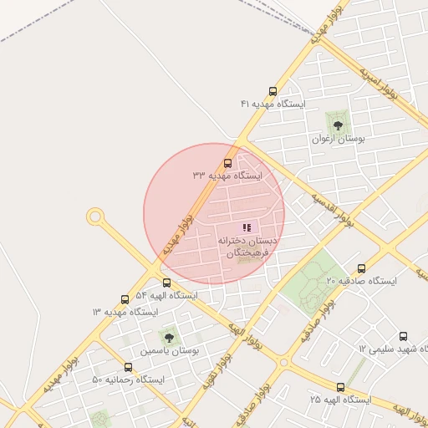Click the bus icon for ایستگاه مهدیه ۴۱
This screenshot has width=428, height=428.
click(273, 92)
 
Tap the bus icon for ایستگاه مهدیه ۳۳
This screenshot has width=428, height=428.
click(227, 164)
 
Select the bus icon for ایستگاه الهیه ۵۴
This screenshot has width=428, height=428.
click(167, 283)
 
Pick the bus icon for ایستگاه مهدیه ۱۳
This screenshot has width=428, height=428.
click(125, 299)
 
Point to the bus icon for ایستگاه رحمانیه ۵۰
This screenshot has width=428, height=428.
click(128, 367)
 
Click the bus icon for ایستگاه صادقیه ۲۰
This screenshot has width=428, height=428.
click(361, 269)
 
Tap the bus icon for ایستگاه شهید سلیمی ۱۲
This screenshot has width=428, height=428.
click(404, 336)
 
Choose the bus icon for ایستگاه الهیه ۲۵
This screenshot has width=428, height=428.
click(340, 387)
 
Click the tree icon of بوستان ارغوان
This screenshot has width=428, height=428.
click(339, 125)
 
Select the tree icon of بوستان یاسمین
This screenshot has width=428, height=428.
click(170, 339)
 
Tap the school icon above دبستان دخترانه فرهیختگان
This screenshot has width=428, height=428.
click(247, 227)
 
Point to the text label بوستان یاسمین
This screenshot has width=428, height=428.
click(170, 352)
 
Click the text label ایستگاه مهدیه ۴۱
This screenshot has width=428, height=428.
click(273, 104)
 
